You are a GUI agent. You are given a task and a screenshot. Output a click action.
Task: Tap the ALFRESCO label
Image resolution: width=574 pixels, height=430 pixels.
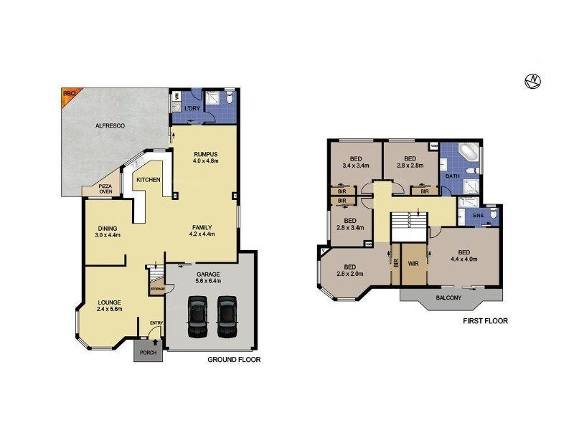[x=110, y=125]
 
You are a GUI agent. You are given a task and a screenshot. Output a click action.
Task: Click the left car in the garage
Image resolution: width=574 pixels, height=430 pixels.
[x=197, y=317]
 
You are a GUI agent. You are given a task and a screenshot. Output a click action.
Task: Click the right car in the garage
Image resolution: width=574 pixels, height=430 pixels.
[x=227, y=317]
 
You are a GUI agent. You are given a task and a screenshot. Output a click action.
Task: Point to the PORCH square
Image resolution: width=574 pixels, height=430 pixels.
[x=148, y=350]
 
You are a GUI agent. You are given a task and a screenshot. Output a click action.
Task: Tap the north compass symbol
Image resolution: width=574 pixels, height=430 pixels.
[x=532, y=81]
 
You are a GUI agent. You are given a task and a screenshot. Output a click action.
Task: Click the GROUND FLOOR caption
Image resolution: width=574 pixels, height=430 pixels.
[x=234, y=360]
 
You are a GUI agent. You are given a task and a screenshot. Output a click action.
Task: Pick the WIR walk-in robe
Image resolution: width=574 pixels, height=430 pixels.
[x=413, y=264]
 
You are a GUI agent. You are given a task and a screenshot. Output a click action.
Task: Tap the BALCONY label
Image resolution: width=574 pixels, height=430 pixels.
[x=448, y=297]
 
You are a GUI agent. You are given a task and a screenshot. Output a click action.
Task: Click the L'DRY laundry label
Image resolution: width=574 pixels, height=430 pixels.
[x=192, y=108]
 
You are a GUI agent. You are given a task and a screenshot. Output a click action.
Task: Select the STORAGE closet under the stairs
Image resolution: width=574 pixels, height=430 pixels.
[x=157, y=288]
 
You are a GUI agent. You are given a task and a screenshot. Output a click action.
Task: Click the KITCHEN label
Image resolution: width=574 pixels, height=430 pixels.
[x=149, y=180]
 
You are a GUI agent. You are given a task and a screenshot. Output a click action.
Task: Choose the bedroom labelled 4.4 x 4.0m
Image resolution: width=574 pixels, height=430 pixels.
[x=464, y=255]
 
